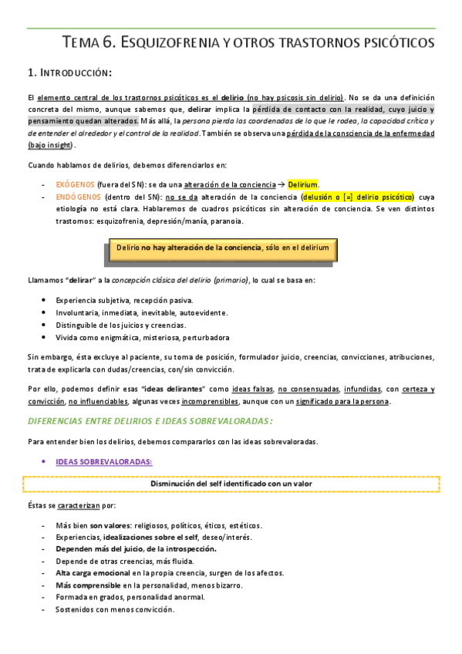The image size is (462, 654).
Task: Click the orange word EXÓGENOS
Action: (75, 184)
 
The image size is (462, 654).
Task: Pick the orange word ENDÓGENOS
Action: (76, 197)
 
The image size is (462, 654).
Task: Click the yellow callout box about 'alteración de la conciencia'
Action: (222, 248)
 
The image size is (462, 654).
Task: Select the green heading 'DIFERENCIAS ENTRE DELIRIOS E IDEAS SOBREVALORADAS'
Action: (150, 420)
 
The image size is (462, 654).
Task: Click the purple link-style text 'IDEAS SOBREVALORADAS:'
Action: (103, 462)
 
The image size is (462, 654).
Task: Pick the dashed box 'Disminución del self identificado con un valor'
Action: (231, 484)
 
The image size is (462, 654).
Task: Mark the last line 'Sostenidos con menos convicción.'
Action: (115, 610)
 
